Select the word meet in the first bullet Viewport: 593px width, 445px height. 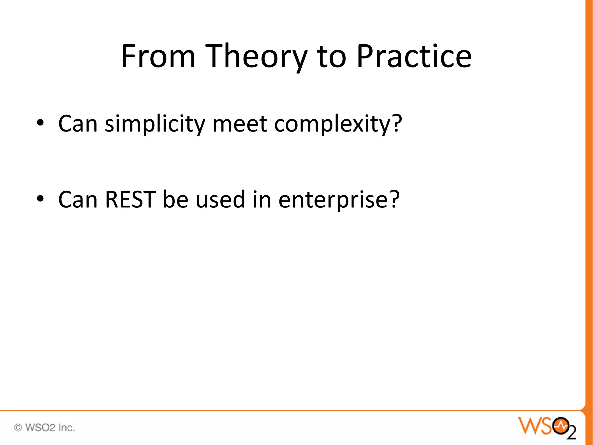click(x=240, y=124)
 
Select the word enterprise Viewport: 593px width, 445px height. click(x=333, y=200)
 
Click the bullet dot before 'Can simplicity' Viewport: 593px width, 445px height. click(x=40, y=123)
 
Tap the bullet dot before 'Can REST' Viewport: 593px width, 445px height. click(x=40, y=199)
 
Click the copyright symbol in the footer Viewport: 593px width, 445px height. click(x=18, y=428)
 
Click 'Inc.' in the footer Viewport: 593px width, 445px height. click(x=67, y=428)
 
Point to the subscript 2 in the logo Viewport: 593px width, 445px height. click(x=572, y=433)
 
